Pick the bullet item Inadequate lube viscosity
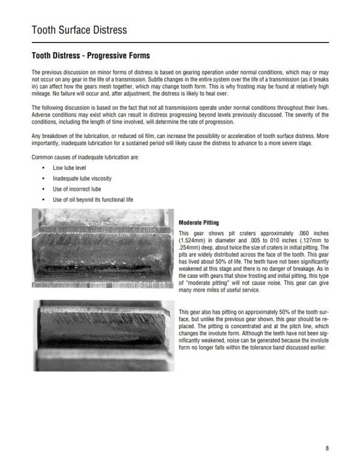click(x=82, y=179)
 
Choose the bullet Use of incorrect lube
click(x=77, y=189)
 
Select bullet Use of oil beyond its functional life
click(x=92, y=199)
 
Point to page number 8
click(x=327, y=448)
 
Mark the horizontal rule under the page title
click(x=179, y=43)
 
